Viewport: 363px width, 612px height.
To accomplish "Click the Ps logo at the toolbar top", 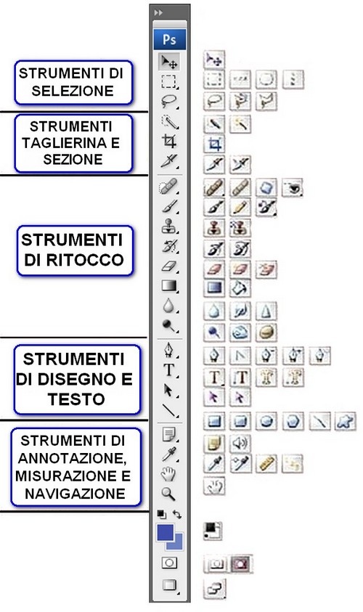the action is click(x=169, y=39).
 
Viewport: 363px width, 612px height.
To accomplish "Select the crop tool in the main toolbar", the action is click(x=169, y=141).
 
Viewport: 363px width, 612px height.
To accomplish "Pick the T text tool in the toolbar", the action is click(x=168, y=370).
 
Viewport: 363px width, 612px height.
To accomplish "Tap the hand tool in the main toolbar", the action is click(x=168, y=474).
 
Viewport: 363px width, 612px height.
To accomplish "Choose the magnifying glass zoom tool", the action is click(x=168, y=494).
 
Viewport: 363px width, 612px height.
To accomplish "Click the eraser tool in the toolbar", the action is click(x=169, y=266).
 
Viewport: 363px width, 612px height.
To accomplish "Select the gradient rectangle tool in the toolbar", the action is click(x=169, y=286).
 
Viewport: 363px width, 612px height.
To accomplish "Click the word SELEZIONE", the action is click(x=73, y=91).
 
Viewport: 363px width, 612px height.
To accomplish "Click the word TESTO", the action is click(x=76, y=399).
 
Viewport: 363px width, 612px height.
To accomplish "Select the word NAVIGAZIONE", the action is click(x=75, y=494).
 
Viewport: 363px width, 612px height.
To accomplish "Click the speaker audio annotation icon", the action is click(x=240, y=444).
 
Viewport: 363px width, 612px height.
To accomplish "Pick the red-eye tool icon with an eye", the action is click(x=293, y=188).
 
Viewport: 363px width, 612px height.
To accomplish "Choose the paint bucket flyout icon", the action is click(x=240, y=288).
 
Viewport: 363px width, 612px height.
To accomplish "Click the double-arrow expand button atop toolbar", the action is click(x=158, y=12).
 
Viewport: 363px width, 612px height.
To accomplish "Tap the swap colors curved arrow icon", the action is click(x=177, y=515).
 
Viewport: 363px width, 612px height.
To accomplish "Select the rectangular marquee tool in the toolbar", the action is click(x=169, y=81).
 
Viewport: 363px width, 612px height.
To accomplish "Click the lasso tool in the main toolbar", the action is click(x=169, y=101).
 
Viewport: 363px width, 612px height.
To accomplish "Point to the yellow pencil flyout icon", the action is click(x=240, y=208).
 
